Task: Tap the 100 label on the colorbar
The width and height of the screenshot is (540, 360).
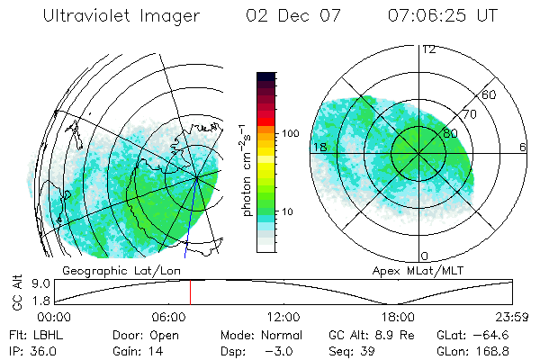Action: [290, 133]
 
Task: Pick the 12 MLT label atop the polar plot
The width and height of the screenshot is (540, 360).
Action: [428, 49]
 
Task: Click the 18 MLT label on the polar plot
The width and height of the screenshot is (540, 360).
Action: [319, 147]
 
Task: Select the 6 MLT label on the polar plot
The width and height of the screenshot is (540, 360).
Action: [523, 147]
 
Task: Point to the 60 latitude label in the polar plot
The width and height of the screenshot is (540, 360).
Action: [490, 94]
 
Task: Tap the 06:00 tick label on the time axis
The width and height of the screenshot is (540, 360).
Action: [169, 317]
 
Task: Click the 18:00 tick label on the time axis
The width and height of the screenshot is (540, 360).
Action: [398, 317]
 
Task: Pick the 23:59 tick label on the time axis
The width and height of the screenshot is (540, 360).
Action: [511, 317]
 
